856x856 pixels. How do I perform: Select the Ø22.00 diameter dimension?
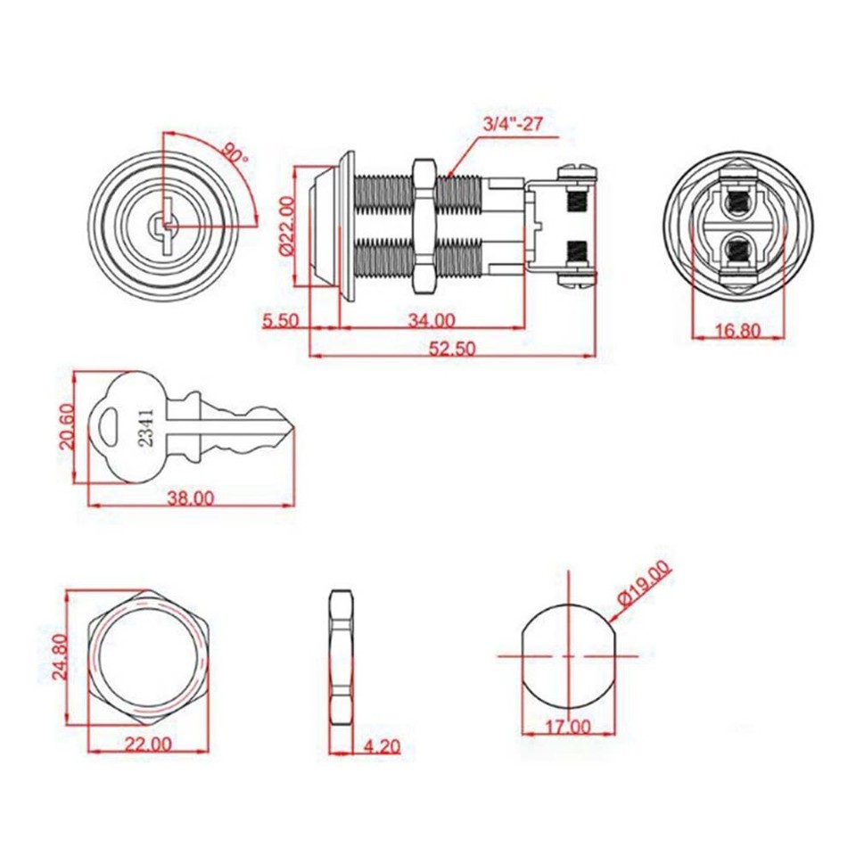pyautogui.click(x=286, y=226)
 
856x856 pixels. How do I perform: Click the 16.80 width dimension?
pyautogui.click(x=737, y=331)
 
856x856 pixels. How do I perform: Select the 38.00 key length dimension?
pyautogui.click(x=190, y=498)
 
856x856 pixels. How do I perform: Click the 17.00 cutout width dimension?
pyautogui.click(x=567, y=727)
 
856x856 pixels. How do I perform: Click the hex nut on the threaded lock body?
pyautogui.click(x=424, y=227)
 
